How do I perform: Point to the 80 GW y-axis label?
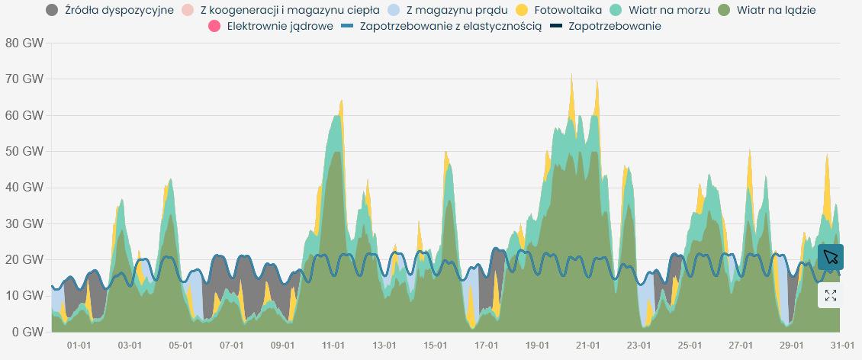(23, 43)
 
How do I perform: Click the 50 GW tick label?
(23, 151)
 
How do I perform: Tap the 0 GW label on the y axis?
(26, 332)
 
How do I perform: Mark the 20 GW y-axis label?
(23, 259)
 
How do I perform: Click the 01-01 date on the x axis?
(79, 346)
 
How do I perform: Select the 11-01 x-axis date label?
(333, 346)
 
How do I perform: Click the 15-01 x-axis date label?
(435, 346)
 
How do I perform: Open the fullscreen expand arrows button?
(831, 295)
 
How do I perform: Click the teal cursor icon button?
(831, 256)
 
